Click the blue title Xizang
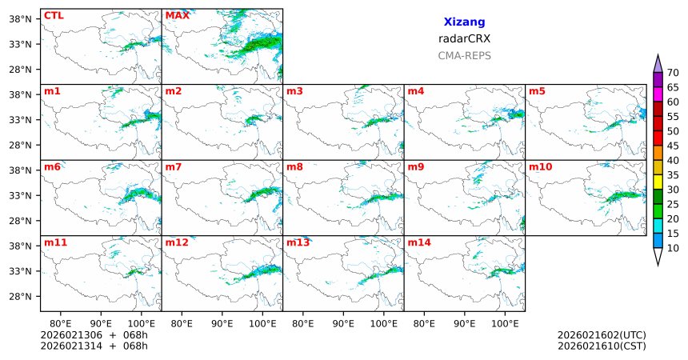[x=464, y=22]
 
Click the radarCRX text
[x=464, y=38]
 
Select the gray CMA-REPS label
[x=464, y=56]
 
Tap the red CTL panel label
[x=54, y=15]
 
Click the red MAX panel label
[x=177, y=15]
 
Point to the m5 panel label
[x=536, y=91]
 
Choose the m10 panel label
[x=540, y=166]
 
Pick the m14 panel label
[x=418, y=242]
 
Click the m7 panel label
[x=174, y=166]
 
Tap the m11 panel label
[x=55, y=242]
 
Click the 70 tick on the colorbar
[x=673, y=73]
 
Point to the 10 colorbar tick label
[x=673, y=248]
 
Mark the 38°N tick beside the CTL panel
[x=24, y=19]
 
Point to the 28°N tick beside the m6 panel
[x=24, y=221]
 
